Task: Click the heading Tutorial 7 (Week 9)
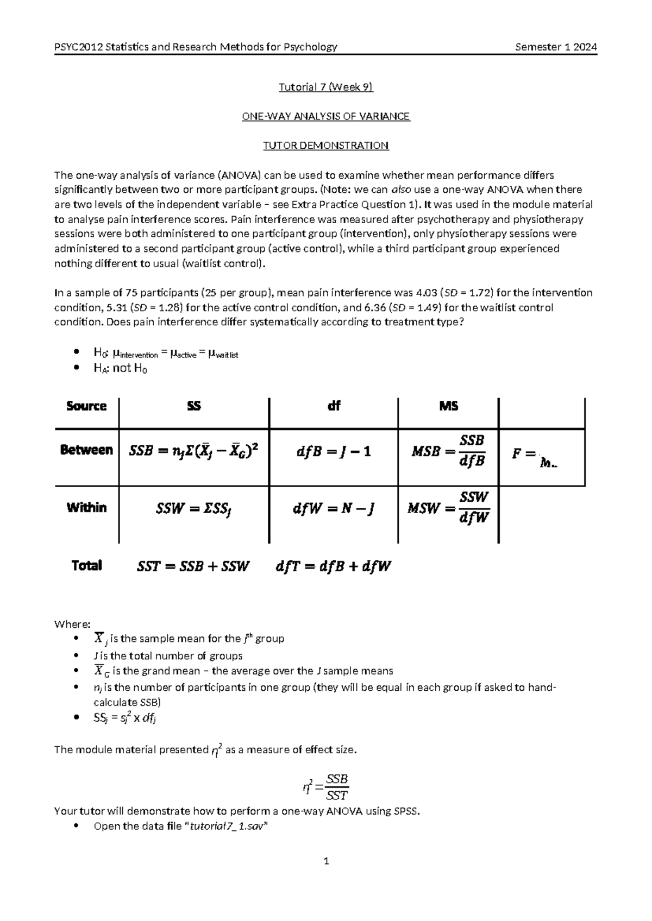coord(325,87)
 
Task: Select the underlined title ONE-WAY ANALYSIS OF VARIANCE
coord(325,116)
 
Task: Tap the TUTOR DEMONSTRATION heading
coord(325,146)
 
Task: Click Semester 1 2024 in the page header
coord(556,47)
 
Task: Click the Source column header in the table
coord(86,406)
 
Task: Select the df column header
coord(334,406)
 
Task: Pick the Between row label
coord(86,450)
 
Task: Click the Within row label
coord(86,508)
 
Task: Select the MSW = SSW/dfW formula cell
coord(448,508)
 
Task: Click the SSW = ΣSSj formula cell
coord(194,509)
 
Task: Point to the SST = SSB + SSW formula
coord(193,566)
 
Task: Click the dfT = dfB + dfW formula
coord(334,566)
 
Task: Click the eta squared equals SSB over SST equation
coord(325,787)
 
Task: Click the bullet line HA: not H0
coord(121,368)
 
